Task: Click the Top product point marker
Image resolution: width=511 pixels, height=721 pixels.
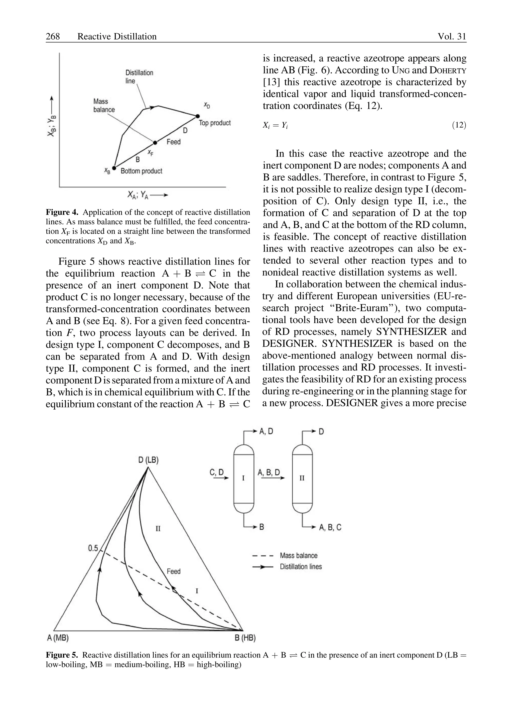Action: [198, 116]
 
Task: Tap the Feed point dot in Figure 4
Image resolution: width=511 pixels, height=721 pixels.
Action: [155, 142]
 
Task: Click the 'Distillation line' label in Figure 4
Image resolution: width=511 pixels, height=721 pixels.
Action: [139, 77]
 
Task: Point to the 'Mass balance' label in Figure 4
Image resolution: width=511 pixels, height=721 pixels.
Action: [104, 105]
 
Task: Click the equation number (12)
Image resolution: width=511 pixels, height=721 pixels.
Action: [459, 125]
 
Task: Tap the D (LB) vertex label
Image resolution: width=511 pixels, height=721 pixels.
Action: [148, 460]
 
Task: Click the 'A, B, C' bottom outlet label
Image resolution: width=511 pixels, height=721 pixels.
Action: [330, 527]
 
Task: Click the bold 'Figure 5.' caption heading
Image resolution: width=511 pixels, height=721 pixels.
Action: [62, 655]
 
